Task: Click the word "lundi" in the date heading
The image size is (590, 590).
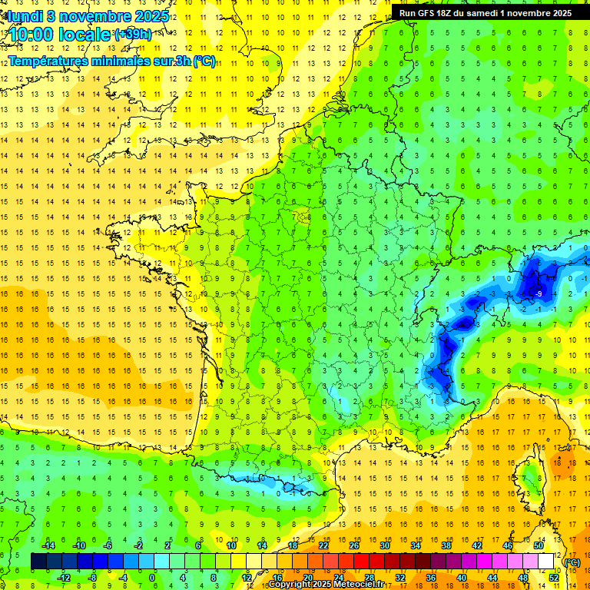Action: point(25,16)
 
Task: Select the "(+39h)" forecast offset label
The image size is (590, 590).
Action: point(132,35)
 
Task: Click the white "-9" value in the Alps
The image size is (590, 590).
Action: point(539,293)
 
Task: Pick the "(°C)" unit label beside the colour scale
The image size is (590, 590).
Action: point(572,562)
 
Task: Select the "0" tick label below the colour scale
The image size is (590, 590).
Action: point(152,578)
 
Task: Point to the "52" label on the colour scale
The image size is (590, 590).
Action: point(554,578)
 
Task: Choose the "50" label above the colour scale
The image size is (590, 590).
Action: point(539,545)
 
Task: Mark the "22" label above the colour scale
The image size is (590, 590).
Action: point(323,545)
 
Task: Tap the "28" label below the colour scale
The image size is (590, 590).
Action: point(370,578)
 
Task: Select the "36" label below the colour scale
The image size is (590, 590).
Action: point(431,578)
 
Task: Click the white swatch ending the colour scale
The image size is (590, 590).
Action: point(546,562)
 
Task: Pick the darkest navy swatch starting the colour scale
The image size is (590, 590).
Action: point(38,562)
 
